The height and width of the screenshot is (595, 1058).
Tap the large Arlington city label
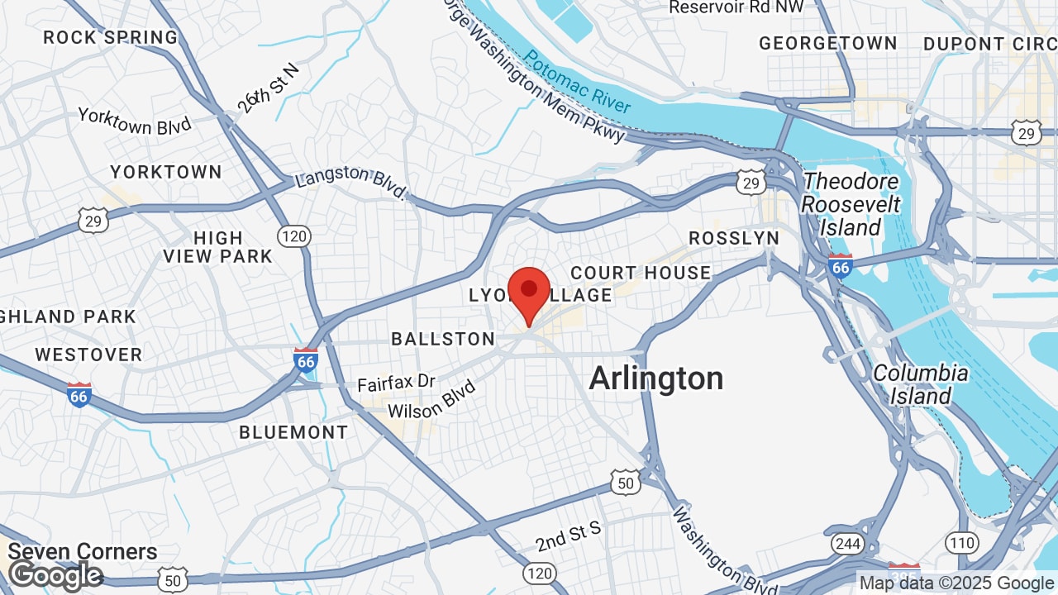[656, 378]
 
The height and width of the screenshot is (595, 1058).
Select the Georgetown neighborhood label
[827, 43]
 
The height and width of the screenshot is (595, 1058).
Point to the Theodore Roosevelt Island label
[851, 204]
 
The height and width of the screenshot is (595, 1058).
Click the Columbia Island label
[921, 384]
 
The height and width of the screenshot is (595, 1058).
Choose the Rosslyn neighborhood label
[734, 238]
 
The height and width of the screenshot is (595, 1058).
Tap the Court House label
[641, 273]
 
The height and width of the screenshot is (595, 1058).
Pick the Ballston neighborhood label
[443, 339]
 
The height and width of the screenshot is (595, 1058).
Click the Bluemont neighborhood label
[293, 432]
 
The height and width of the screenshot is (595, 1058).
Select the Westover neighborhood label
[88, 355]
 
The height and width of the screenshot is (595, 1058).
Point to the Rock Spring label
[111, 37]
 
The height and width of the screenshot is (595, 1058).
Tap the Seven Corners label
[83, 551]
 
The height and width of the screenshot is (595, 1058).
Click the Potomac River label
[578, 82]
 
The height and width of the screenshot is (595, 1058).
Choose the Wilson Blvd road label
[431, 399]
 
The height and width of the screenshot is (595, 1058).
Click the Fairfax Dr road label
[396, 383]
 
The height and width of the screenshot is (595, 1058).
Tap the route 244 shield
[847, 544]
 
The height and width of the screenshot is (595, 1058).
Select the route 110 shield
[961, 543]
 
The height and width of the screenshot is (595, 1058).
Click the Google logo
[55, 575]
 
